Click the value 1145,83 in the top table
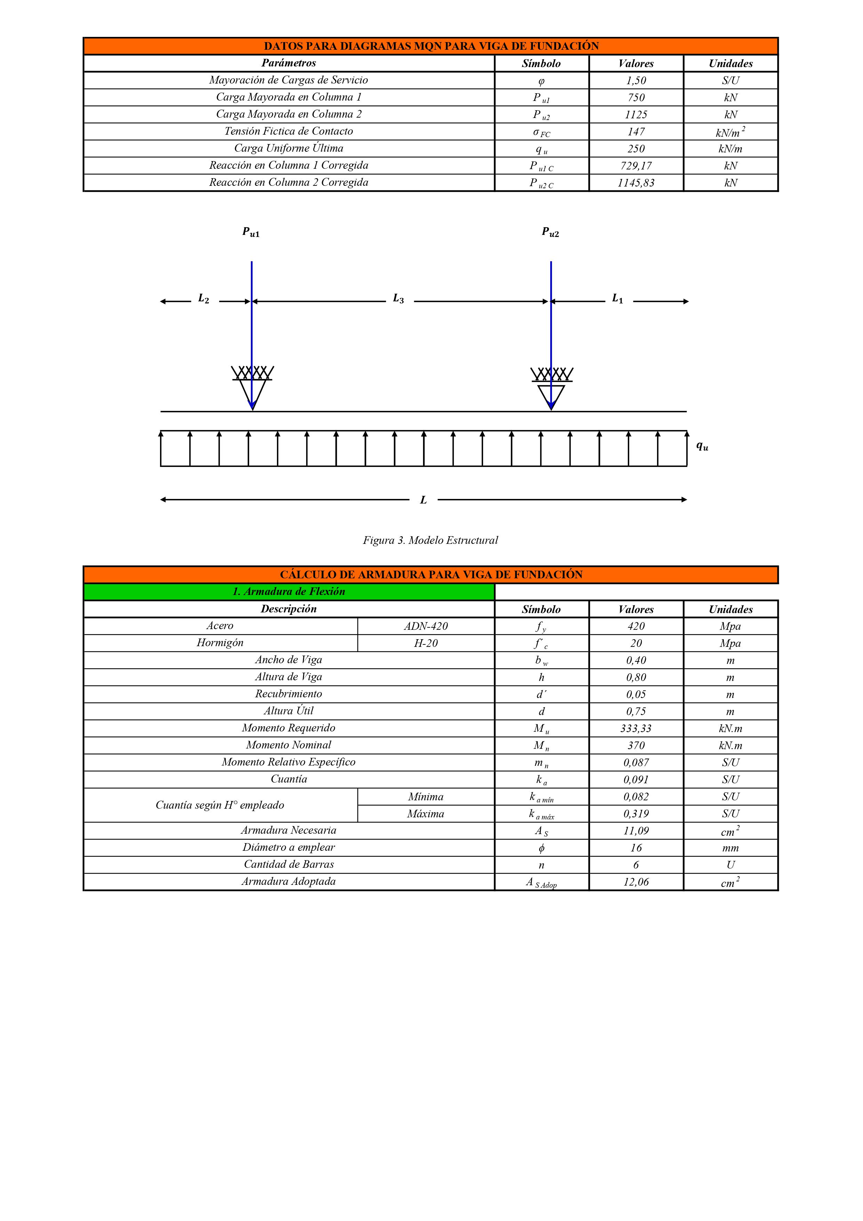coord(636,183)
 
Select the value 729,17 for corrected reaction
coord(636,166)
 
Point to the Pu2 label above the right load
coord(550,232)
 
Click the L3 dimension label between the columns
coord(398,299)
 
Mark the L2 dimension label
coord(203,299)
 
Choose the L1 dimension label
coord(617,299)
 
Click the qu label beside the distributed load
coord(702,447)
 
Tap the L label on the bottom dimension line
coord(423,500)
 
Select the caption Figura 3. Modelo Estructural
coord(430,540)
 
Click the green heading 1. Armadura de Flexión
coord(289,591)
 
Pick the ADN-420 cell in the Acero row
coord(425,626)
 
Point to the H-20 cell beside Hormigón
coord(425,643)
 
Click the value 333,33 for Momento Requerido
coord(636,729)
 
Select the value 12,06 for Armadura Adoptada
coord(636,882)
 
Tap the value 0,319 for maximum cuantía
coord(636,814)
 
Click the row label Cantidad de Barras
coord(289,864)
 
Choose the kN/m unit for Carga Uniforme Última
coord(730,149)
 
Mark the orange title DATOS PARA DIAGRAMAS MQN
coord(431,46)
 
